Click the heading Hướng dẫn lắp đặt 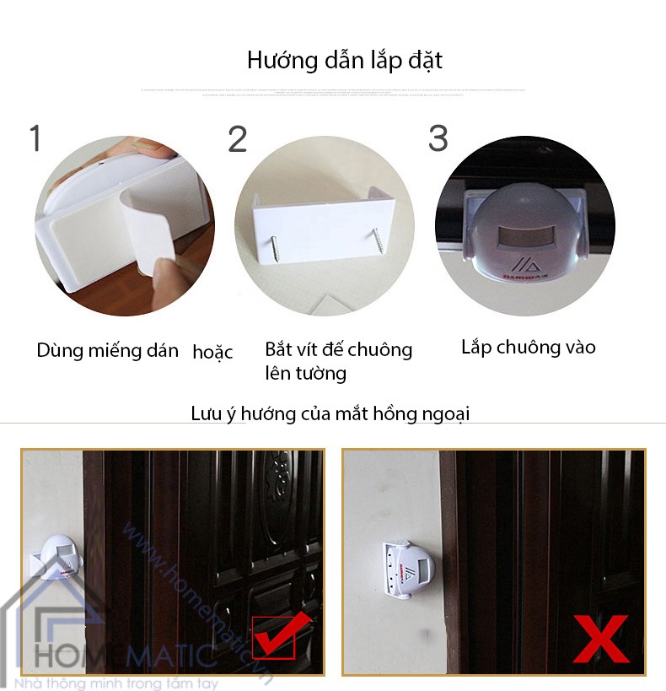[x=345, y=61]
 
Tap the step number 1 [x=35, y=138]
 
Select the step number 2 [x=238, y=139]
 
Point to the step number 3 [x=438, y=138]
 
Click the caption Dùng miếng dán [x=107, y=351]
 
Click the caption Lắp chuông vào [x=529, y=347]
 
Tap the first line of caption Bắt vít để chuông [x=339, y=350]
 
